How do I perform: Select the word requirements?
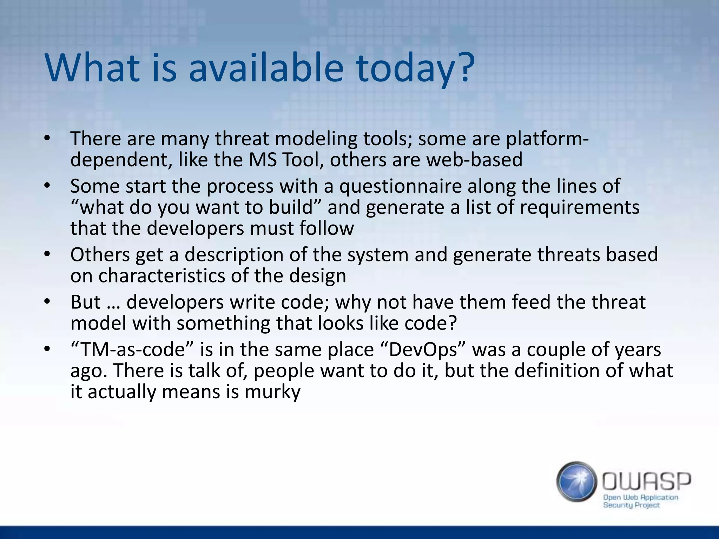[580, 207]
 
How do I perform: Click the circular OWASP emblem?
[576, 481]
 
